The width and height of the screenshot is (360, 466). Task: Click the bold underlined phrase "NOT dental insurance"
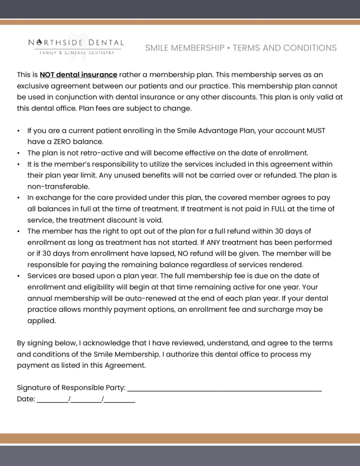point(78,75)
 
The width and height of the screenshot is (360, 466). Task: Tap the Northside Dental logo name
point(76,43)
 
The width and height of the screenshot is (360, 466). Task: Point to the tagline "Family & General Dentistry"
point(76,53)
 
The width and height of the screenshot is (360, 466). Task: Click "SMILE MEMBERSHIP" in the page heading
point(184,48)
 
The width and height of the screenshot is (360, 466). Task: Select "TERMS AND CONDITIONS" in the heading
point(285,48)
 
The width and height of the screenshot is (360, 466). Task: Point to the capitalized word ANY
point(214,242)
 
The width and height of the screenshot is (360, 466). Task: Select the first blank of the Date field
point(52,400)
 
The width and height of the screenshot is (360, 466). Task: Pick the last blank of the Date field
point(120,400)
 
